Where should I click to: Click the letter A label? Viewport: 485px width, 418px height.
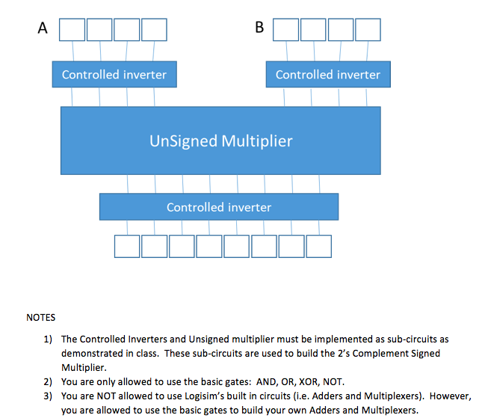coord(43,28)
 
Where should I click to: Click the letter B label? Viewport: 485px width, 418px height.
coord(259,28)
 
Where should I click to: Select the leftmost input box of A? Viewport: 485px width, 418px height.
coord(72,29)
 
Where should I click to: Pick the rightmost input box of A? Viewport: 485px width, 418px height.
coord(154,29)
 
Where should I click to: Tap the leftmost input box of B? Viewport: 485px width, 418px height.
coord(286,29)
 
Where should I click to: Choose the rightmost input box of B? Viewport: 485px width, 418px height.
coord(368,29)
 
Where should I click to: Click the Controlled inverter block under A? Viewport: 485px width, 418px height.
coord(114,75)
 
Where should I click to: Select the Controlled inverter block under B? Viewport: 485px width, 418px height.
coord(328,75)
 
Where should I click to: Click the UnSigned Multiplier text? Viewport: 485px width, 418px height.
coord(221,141)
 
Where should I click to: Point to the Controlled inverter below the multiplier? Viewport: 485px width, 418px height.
coord(219,207)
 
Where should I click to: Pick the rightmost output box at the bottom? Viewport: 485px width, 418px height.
coord(318,245)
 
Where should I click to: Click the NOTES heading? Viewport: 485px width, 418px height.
coord(41,318)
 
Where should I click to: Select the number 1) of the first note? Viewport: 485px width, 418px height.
coord(49,339)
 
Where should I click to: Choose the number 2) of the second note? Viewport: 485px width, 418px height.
coord(49,381)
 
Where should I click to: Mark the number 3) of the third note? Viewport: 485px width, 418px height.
coord(49,396)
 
